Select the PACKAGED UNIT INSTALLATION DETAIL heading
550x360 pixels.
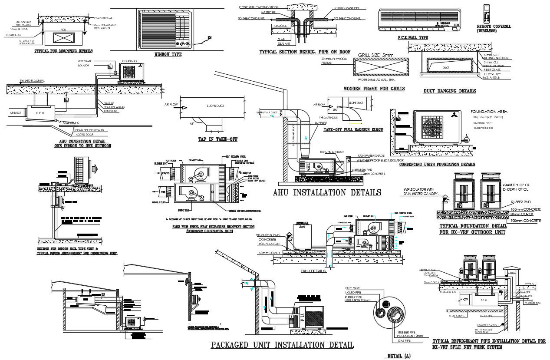coord(282,345)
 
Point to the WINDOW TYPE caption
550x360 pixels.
coord(168,55)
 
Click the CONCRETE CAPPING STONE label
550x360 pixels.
coord(259,7)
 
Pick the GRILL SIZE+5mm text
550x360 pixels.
coord(375,55)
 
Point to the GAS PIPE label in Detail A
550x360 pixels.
coord(404,341)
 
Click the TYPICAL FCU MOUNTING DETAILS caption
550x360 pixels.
coord(63,51)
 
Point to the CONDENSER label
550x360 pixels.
coord(130,61)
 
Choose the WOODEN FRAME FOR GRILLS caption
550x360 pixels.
coord(374,89)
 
